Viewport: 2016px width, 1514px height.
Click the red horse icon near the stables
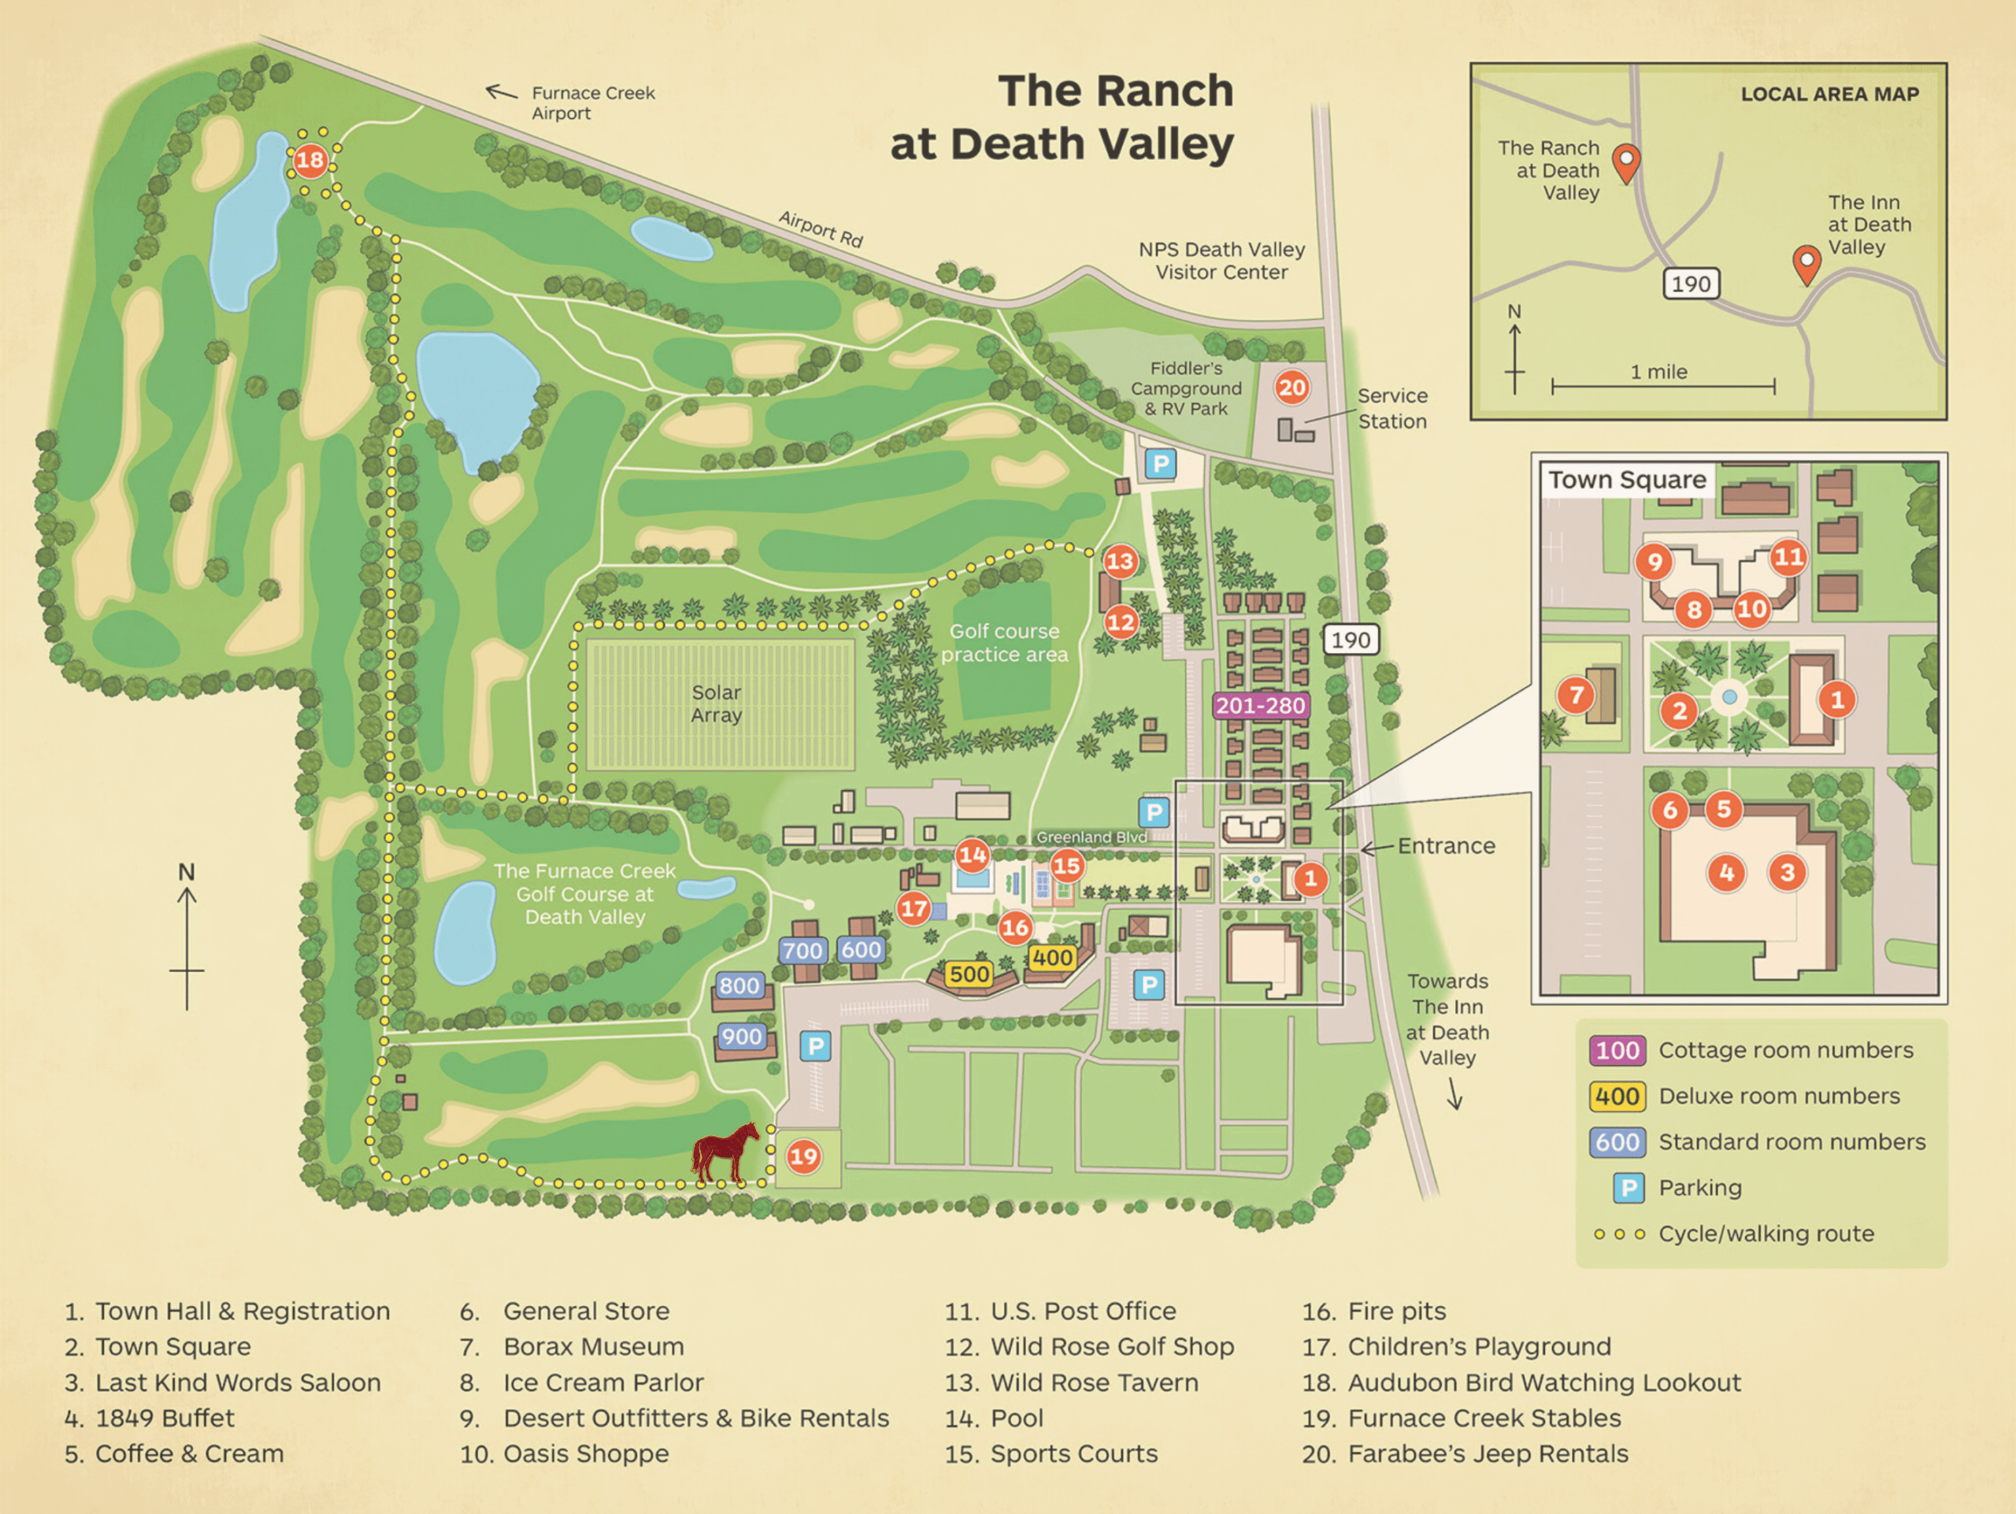[x=724, y=1153]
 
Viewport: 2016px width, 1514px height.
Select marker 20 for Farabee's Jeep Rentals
[x=1291, y=388]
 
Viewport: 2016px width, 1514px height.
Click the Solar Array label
[x=717, y=703]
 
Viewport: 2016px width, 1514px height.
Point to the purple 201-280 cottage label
[x=1261, y=706]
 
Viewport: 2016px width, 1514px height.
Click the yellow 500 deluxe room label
[x=968, y=974]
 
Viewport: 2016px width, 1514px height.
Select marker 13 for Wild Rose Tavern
[x=1120, y=562]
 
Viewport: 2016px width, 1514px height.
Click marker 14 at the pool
[x=972, y=855]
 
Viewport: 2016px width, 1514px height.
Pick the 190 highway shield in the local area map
[x=1691, y=284]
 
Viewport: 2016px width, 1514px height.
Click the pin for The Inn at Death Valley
[x=1807, y=263]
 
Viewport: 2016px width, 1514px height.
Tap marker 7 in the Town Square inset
[x=1576, y=696]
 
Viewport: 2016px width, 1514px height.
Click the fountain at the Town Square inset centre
[x=1729, y=698]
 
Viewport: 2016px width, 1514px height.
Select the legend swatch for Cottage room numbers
[x=1618, y=1050]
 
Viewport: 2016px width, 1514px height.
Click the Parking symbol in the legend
[x=1628, y=1188]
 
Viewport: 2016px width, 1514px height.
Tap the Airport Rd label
[x=821, y=228]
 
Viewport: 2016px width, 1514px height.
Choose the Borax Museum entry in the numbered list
[x=592, y=1346]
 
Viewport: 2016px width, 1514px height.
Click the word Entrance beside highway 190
[x=1447, y=846]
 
